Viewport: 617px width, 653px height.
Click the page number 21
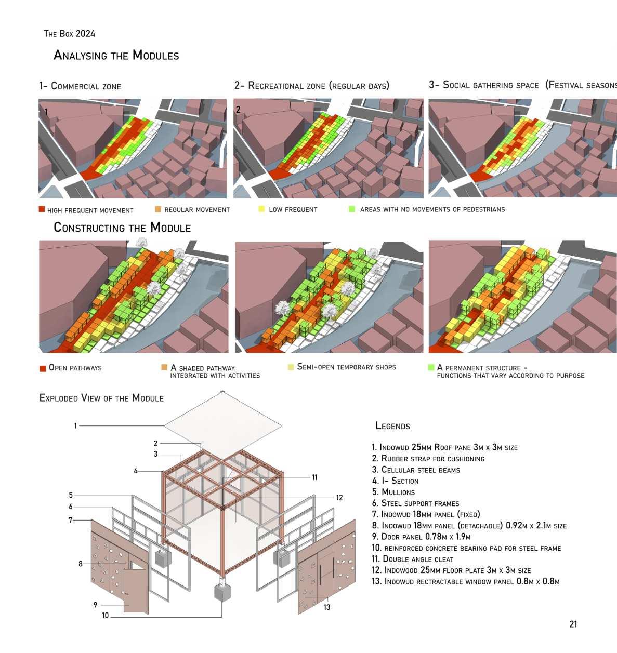(x=573, y=624)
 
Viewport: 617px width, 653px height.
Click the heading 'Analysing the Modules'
(x=116, y=55)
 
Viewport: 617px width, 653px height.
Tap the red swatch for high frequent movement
(x=42, y=209)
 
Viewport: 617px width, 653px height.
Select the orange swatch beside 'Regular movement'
(x=157, y=209)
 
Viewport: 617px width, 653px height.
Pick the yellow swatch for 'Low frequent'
(x=261, y=209)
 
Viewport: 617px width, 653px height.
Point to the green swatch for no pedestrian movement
(x=352, y=209)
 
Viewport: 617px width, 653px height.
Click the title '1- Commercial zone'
(x=80, y=86)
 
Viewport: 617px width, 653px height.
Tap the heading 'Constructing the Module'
(x=122, y=228)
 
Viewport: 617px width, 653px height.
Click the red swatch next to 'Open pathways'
(x=43, y=368)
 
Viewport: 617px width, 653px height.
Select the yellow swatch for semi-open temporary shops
(x=291, y=367)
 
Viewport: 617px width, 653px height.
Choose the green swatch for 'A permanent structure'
(x=431, y=367)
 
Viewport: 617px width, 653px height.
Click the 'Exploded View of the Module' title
(x=101, y=398)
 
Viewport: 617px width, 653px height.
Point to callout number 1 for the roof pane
(x=75, y=426)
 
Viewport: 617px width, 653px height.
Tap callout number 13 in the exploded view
(x=326, y=607)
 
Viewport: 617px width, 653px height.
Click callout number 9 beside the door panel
(x=95, y=605)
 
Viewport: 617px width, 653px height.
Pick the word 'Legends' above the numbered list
(x=392, y=426)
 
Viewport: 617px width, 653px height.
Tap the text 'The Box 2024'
(x=69, y=34)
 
